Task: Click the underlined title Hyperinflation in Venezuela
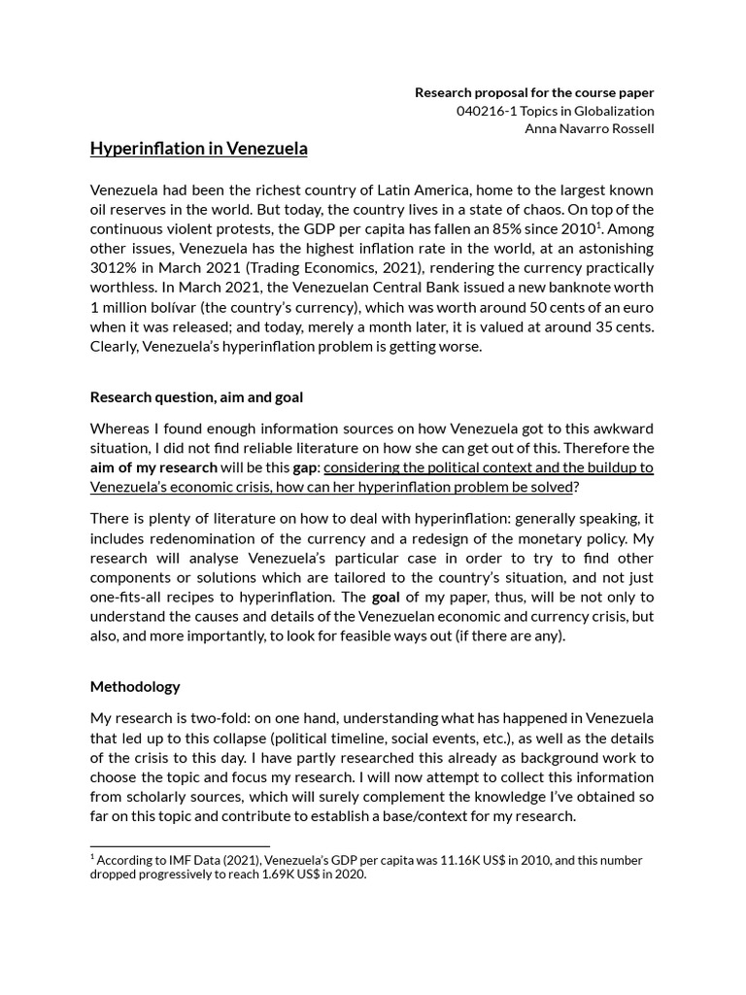coord(198,149)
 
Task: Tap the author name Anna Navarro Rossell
coord(589,128)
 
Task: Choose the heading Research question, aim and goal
coord(196,396)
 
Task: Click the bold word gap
coord(305,467)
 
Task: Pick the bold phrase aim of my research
coord(153,467)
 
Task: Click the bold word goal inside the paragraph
coord(386,597)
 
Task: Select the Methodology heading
coord(135,686)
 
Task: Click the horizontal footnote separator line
coord(180,846)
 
